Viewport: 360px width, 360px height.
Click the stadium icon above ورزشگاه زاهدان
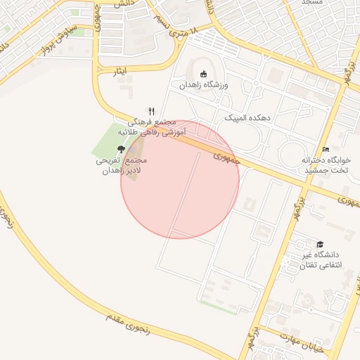pyautogui.click(x=204, y=74)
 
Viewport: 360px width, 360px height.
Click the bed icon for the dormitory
pyautogui.click(x=325, y=150)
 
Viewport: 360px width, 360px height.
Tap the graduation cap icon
pyautogui.click(x=320, y=243)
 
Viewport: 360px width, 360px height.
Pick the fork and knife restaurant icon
pyautogui.click(x=150, y=111)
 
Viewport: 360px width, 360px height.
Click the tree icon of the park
pyautogui.click(x=121, y=149)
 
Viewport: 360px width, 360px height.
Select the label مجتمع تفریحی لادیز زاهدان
pyautogui.click(x=120, y=166)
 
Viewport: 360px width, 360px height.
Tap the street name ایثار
pyautogui.click(x=121, y=72)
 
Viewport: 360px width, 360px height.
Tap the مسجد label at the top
pyautogui.click(x=311, y=3)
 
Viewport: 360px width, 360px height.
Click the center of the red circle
pyautogui.click(x=180, y=179)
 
